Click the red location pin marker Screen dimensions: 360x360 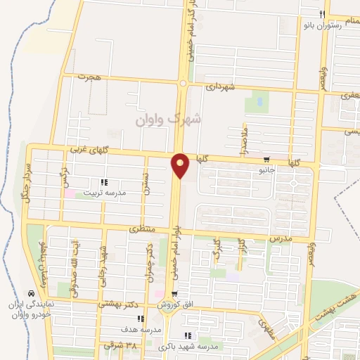point(181,165)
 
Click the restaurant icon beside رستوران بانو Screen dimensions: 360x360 point(322,15)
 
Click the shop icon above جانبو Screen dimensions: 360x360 point(267,160)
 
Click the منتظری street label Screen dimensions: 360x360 point(142,229)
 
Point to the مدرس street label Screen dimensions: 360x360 point(280,239)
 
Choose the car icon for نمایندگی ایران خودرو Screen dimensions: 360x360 point(30,292)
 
